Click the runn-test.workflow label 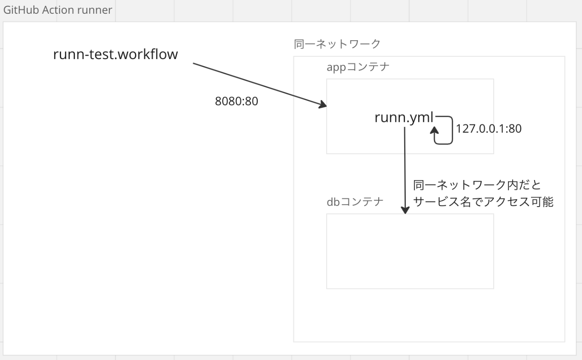[x=116, y=54]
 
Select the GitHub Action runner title [x=58, y=10]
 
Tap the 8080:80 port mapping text [x=237, y=101]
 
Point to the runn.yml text [x=404, y=117]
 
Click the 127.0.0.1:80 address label [x=489, y=128]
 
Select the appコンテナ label [x=358, y=67]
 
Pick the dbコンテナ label [x=355, y=202]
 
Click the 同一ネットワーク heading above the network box [x=337, y=44]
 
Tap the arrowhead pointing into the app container [x=323, y=104]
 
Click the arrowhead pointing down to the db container [x=405, y=210]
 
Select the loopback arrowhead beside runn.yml [x=434, y=130]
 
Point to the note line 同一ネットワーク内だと [x=477, y=185]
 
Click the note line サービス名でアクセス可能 [x=483, y=202]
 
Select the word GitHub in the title [x=21, y=10]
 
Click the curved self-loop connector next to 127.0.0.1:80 [x=452, y=130]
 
